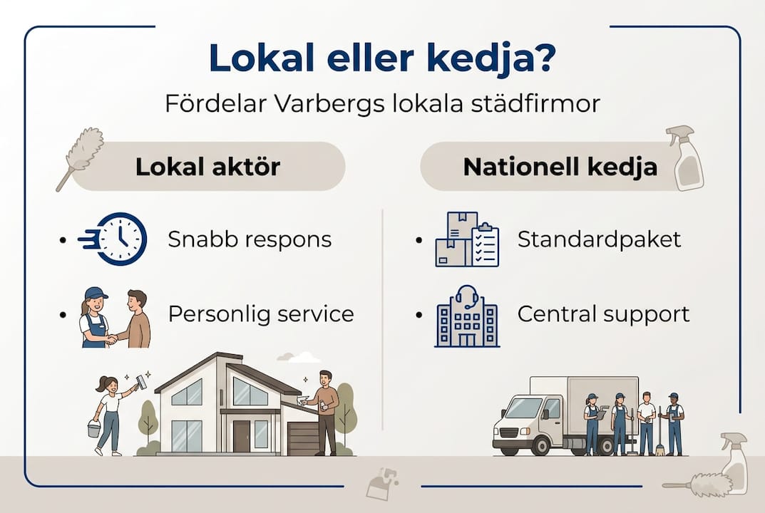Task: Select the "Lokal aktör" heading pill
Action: (207, 167)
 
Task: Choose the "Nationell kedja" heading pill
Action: (549, 167)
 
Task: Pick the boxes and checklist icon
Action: (467, 239)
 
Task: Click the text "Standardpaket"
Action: (599, 239)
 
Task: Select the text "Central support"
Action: (603, 314)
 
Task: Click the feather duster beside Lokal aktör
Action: (81, 158)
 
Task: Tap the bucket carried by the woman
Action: (94, 430)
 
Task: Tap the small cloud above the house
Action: (299, 356)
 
